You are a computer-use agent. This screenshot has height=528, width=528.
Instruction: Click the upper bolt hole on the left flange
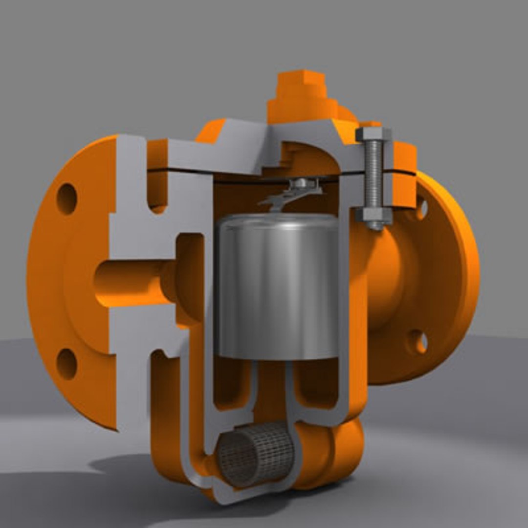[x=67, y=198]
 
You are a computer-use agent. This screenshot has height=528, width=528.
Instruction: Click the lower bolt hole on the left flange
[x=66, y=364]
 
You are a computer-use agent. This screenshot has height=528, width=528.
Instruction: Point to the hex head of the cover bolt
[x=374, y=134]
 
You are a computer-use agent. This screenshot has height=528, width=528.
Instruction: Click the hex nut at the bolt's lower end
[x=374, y=216]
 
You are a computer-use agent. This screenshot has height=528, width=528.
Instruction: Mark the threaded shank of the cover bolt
[x=374, y=174]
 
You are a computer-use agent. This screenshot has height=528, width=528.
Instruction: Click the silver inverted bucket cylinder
[x=277, y=288]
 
